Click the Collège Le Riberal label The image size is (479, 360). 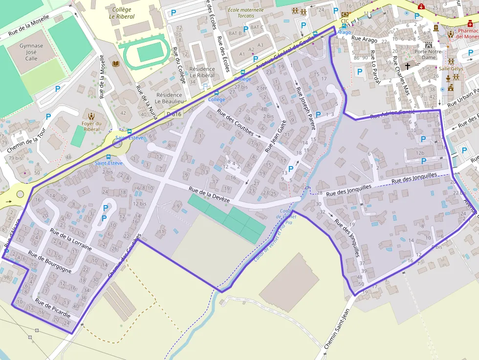[122, 13]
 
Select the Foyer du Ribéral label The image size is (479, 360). [91, 126]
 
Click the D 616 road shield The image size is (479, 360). [174, 114]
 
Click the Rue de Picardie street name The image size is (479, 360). [52, 307]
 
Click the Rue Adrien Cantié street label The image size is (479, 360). [392, 115]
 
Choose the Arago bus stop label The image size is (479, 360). [344, 32]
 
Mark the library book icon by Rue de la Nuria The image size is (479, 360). [116, 64]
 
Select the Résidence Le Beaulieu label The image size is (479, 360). [169, 98]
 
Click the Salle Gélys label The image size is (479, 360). [450, 69]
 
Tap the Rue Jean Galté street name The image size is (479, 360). [275, 137]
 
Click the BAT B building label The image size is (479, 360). [235, 33]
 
